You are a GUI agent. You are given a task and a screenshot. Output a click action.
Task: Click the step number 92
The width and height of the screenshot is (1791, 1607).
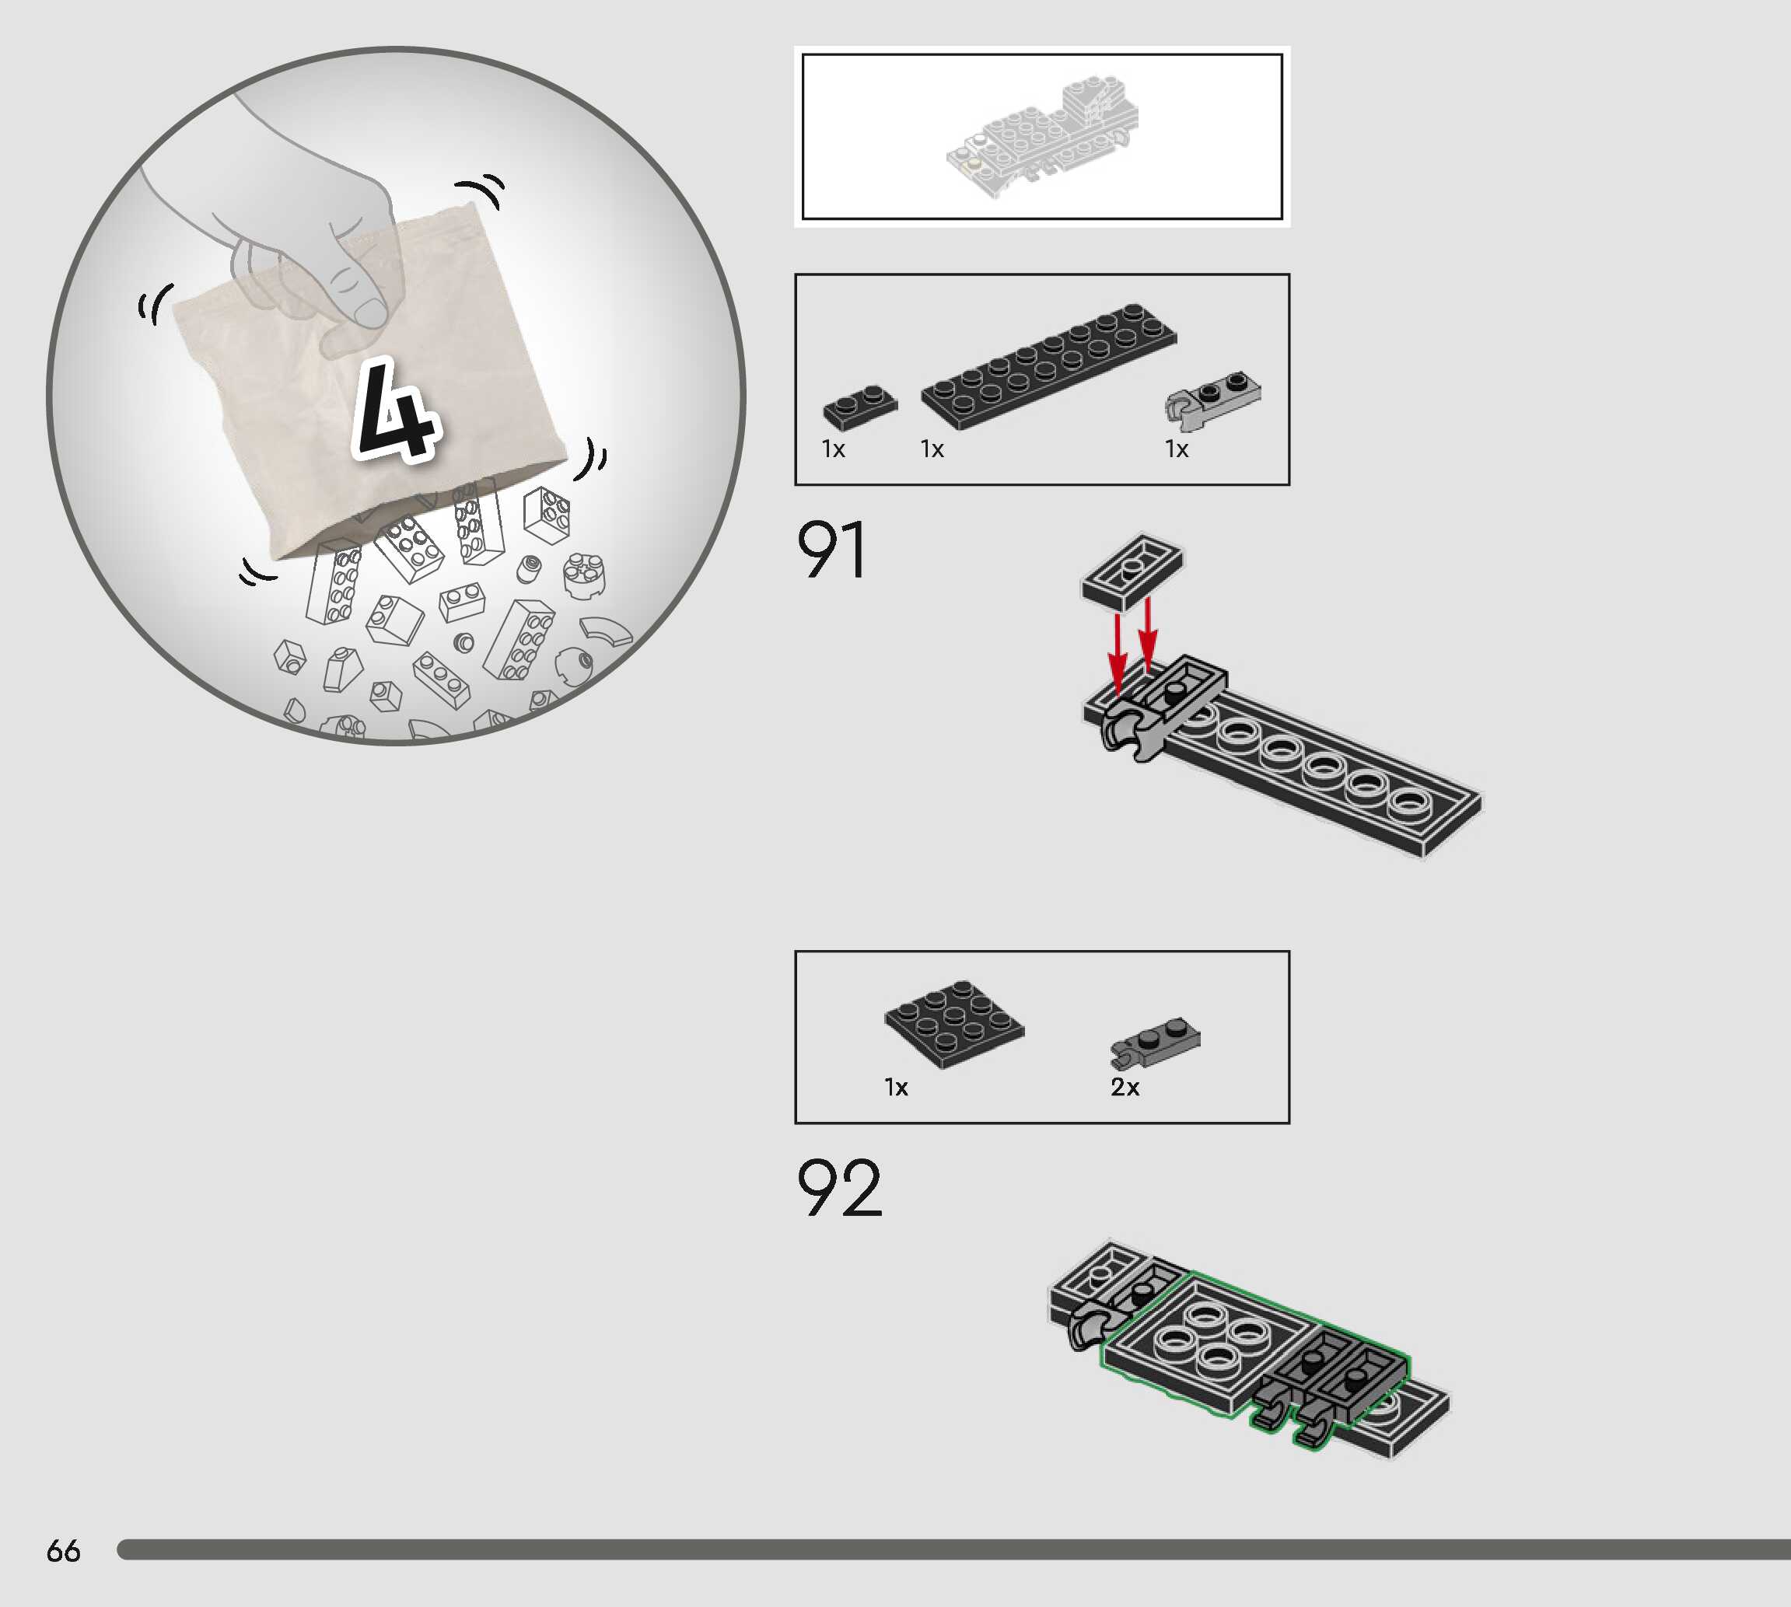838,1188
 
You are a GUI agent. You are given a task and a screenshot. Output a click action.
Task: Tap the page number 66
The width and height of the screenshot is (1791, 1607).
63,1550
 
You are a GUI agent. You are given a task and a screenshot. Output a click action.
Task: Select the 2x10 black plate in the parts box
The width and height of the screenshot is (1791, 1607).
1048,365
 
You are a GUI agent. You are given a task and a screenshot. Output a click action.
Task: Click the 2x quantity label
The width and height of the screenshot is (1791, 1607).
1125,1087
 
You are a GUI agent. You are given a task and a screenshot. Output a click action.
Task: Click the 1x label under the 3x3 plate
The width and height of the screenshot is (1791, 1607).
896,1087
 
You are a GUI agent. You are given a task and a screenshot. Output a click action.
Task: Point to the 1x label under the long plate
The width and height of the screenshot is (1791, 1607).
932,449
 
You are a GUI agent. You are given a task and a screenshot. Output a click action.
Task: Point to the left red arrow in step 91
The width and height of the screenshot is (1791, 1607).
1118,652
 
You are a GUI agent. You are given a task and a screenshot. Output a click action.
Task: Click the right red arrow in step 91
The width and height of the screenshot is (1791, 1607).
1147,636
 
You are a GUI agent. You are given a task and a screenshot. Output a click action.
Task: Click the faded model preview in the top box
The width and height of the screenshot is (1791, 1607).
1042,137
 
